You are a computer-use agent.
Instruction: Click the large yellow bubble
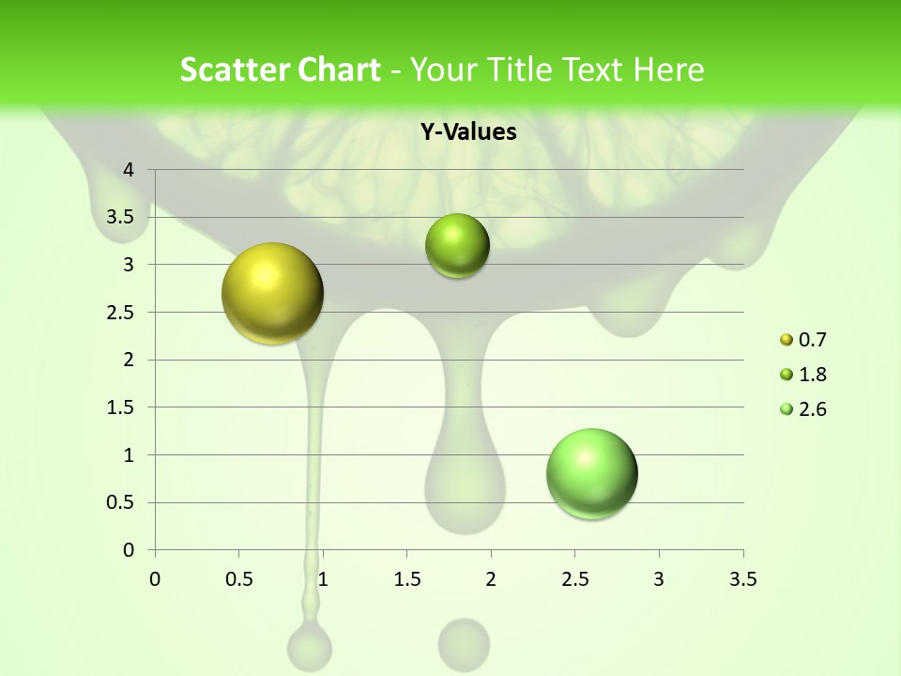click(272, 293)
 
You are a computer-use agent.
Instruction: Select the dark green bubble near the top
click(457, 246)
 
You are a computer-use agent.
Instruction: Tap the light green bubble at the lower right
click(591, 473)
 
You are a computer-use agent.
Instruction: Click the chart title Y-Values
click(467, 132)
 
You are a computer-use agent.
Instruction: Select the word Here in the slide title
click(666, 69)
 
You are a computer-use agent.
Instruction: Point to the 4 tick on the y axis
click(130, 170)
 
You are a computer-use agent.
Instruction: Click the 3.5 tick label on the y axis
click(122, 218)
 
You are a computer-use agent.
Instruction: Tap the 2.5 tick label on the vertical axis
click(122, 313)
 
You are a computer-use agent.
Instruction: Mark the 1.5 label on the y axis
click(122, 407)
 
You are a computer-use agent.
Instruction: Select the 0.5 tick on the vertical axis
click(122, 503)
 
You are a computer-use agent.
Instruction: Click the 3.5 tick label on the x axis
click(742, 579)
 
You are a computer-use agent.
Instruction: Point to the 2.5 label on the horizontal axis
click(574, 579)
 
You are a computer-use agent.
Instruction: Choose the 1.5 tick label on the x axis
click(406, 579)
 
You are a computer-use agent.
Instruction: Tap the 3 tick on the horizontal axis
click(659, 579)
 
